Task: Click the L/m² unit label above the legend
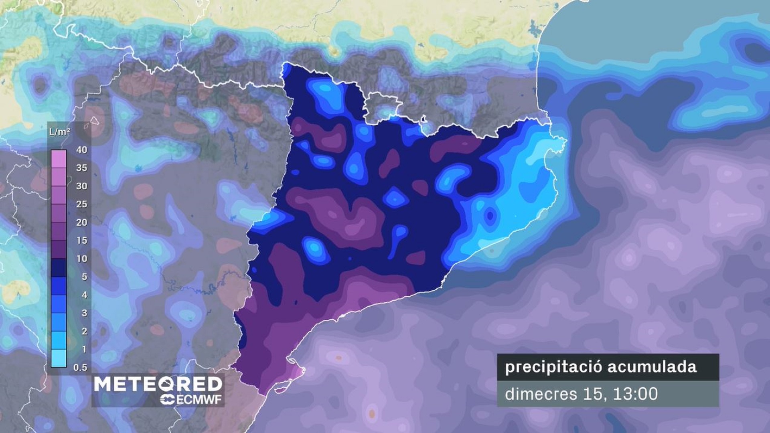pos(59,132)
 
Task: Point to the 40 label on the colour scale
pos(81,150)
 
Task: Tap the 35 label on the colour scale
pos(81,168)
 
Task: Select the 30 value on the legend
pos(81,186)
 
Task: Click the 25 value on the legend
pos(81,204)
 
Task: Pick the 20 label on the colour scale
pos(81,222)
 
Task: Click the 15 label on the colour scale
pos(81,241)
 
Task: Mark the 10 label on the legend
pos(81,259)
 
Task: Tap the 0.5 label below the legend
pos(80,367)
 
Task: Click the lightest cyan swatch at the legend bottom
pos(59,358)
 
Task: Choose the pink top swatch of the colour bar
pos(59,159)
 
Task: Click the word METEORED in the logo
pos(158,384)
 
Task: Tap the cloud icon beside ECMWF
pos(167,400)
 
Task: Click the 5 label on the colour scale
pos(84,277)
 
